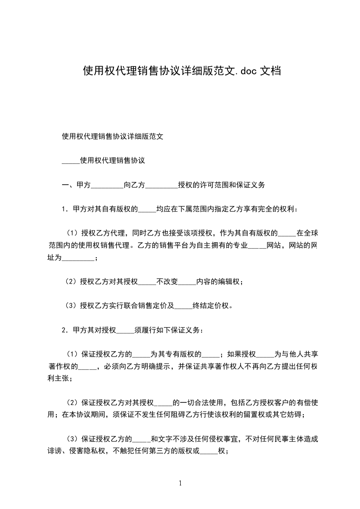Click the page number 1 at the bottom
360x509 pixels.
click(x=180, y=483)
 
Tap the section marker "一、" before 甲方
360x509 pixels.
click(x=69, y=185)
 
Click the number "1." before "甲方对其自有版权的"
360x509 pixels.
click(x=65, y=210)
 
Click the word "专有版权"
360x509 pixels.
click(x=186, y=354)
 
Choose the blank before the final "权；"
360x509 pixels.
click(x=209, y=452)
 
